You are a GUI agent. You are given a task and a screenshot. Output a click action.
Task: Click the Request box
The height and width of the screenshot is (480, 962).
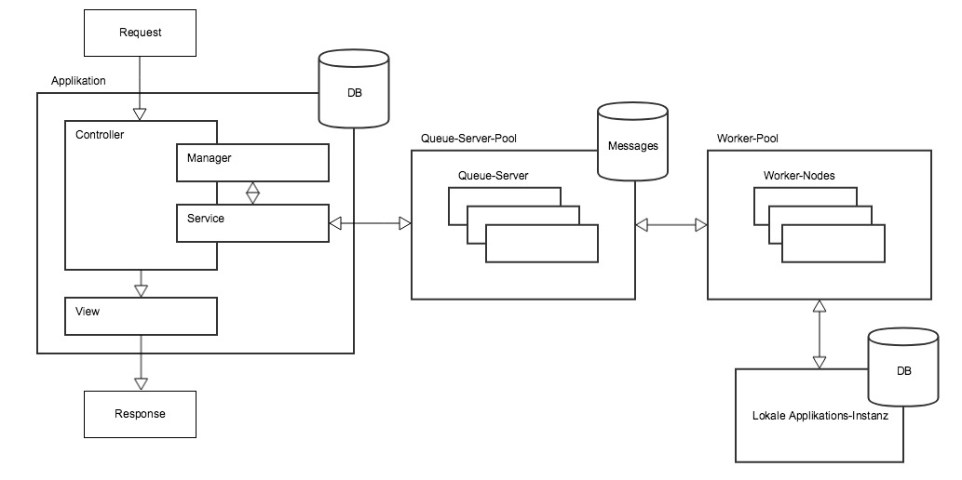click(141, 33)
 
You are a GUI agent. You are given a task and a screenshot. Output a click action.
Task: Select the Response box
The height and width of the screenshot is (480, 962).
click(141, 413)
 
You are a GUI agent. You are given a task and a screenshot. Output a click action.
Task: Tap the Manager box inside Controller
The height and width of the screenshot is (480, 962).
click(252, 163)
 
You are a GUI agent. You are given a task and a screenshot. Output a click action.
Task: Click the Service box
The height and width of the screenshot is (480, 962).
click(252, 223)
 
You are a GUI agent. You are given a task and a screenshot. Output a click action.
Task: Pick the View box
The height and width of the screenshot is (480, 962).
click(141, 316)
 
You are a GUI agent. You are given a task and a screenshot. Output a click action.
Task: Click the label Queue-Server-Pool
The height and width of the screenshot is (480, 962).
click(468, 139)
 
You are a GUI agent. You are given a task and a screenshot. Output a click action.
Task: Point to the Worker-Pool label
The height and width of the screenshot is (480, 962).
click(747, 139)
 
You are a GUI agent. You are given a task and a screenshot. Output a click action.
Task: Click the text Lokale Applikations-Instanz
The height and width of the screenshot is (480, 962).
click(820, 416)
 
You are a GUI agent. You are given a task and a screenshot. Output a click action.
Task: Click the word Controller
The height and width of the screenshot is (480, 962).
click(100, 135)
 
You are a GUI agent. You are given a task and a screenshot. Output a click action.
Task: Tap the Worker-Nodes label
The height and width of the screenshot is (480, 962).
click(799, 175)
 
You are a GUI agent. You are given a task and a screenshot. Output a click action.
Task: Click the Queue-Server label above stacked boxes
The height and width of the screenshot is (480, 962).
click(493, 175)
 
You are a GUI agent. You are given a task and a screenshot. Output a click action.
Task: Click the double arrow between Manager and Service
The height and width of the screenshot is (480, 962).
click(252, 193)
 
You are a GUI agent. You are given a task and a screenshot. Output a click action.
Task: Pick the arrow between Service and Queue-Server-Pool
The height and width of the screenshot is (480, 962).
click(371, 223)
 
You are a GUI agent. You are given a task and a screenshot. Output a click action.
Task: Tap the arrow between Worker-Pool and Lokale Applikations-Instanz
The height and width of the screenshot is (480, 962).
click(820, 334)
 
